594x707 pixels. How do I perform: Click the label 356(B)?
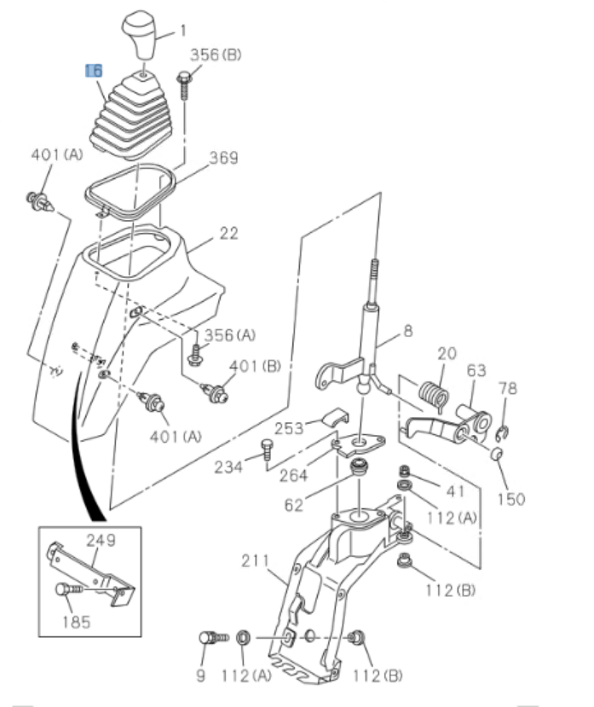(215, 55)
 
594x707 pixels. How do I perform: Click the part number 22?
(228, 233)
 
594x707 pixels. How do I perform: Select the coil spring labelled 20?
(435, 395)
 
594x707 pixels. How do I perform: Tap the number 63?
(476, 371)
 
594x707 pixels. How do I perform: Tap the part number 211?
(254, 562)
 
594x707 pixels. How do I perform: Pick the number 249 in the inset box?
(101, 540)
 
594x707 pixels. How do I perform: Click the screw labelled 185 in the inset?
(69, 589)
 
